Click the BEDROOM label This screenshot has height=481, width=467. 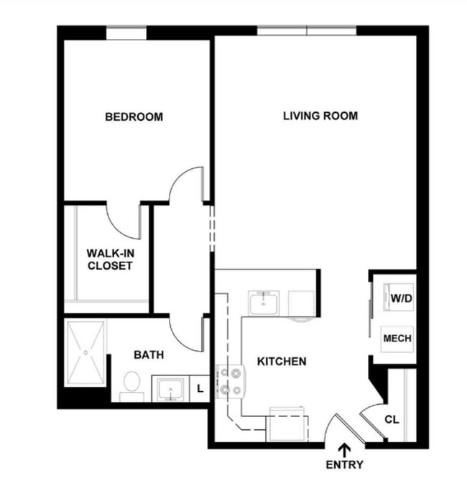point(134,116)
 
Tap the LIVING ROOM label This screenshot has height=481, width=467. point(320,116)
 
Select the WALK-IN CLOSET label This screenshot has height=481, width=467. point(109,259)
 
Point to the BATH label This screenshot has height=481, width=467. point(149,354)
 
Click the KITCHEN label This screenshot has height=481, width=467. point(282,361)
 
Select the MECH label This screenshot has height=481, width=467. point(397,338)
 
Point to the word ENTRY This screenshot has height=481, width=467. point(344,464)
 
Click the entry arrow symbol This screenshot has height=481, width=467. point(344,450)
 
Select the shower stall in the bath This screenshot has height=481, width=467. point(86,352)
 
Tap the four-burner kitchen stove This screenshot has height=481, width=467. point(231,381)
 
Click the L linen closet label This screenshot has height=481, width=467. point(200,388)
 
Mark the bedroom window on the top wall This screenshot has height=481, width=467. point(126,32)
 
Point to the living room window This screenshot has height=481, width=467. point(307,30)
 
